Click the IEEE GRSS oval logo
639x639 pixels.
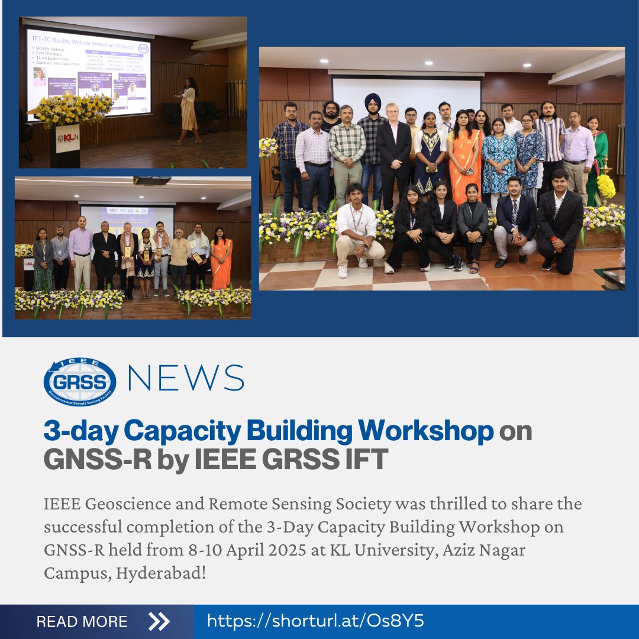pos(80,382)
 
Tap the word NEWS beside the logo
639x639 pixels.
pos(185,379)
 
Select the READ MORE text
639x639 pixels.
pos(82,622)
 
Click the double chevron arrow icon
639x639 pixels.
pos(159,621)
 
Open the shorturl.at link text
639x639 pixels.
pos(315,621)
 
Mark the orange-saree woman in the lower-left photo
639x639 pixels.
pos(221,260)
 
